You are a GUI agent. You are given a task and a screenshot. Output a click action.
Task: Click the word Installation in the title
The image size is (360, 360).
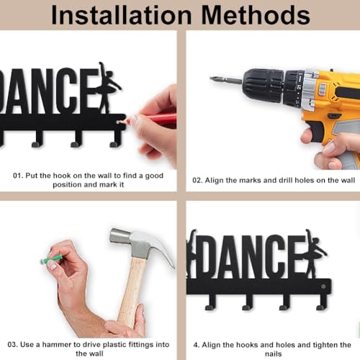click(x=122, y=15)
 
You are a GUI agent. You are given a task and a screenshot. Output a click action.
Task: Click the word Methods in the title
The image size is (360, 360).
click(x=256, y=15)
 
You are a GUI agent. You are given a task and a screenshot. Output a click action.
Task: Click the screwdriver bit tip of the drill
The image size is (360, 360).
click(x=212, y=78)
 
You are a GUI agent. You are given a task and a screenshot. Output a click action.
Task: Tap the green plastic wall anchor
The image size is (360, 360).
click(x=53, y=259)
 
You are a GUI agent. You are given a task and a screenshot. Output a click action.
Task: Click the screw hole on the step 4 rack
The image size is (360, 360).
click(x=323, y=287)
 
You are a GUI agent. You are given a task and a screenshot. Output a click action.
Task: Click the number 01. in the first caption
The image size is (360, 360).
click(x=18, y=176)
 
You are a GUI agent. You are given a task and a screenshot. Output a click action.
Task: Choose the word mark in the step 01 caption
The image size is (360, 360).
click(x=108, y=184)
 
